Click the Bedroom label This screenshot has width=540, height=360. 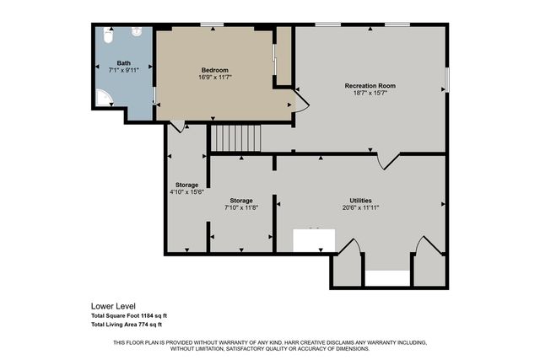click(215, 69)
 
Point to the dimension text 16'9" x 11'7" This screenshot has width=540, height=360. click(215, 77)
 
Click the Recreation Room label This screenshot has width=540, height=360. click(370, 86)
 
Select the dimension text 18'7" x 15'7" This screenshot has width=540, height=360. click(370, 94)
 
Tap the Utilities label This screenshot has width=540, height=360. click(361, 200)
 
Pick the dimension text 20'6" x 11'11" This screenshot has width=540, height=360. click(361, 207)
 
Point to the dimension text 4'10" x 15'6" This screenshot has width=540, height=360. click(186, 192)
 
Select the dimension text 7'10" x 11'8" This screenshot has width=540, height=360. click(241, 207)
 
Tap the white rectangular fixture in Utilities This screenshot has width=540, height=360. click(313, 240)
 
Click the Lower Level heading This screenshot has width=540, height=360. click(113, 306)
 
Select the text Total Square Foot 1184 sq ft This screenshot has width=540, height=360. click(130, 315)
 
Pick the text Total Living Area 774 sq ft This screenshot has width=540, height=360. click(126, 324)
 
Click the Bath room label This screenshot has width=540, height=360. click(123, 62)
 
